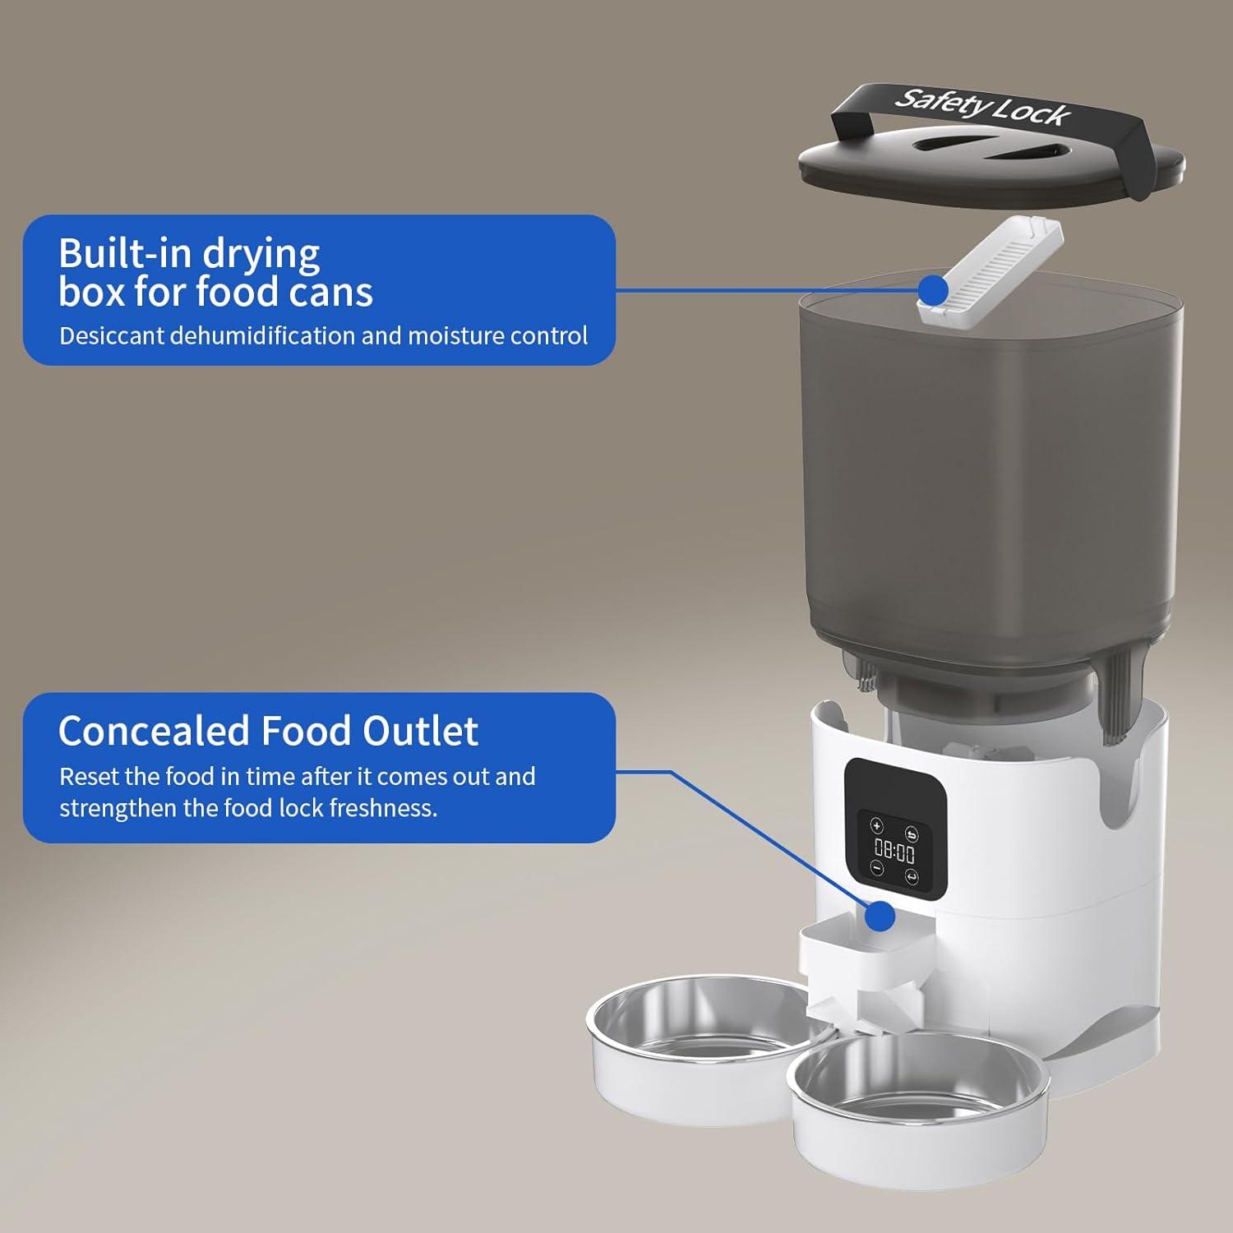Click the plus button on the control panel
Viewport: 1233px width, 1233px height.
[877, 826]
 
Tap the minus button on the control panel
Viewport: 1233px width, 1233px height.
[877, 868]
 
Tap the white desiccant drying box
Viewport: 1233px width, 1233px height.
[991, 267]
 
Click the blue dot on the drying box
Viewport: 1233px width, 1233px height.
[933, 289]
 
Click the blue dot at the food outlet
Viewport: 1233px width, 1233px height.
[880, 915]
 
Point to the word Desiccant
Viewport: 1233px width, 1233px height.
[112, 335]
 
